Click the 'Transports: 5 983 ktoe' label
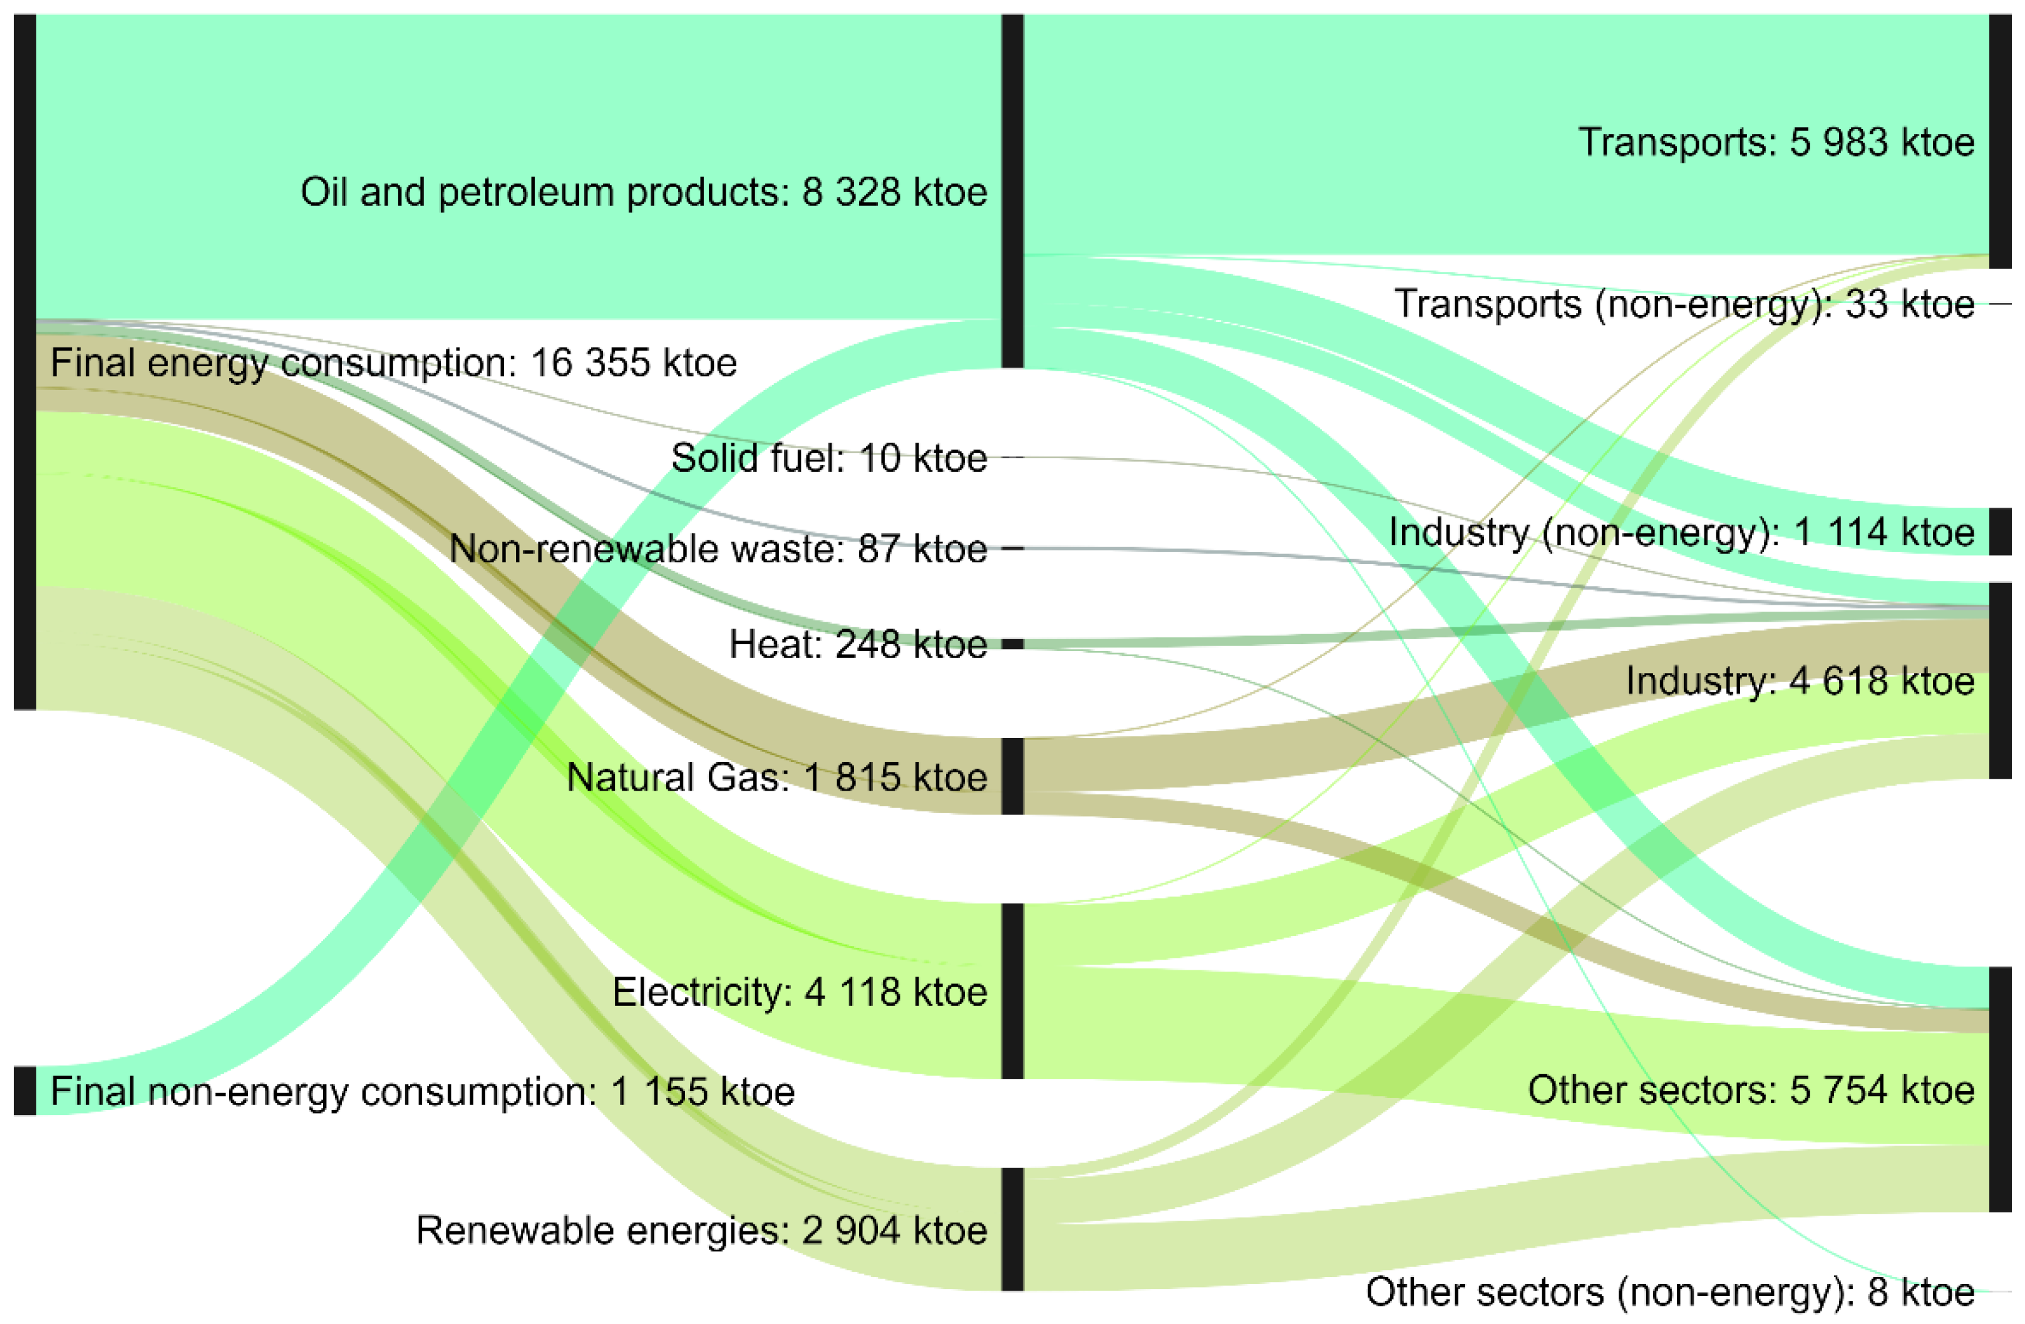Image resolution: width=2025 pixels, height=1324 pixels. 1776,142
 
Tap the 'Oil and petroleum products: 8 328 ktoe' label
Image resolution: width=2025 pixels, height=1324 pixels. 643,192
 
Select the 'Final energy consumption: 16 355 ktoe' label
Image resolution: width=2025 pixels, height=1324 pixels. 393,363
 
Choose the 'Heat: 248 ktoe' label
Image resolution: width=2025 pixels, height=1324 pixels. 858,645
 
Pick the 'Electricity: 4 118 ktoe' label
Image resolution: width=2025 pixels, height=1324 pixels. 799,992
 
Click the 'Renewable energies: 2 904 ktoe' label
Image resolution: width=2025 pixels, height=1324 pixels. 701,1230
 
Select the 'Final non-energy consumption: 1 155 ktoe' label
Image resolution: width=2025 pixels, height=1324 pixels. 422,1092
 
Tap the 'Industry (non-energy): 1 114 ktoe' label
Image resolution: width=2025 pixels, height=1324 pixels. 1681,533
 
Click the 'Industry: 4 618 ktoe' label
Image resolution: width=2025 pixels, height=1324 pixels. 1800,680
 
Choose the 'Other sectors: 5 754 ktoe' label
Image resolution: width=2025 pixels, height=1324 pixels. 1750,1090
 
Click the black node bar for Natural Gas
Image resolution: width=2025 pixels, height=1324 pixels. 1012,776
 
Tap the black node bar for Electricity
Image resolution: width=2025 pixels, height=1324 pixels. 1012,992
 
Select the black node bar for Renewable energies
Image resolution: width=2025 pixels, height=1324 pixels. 1012,1229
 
